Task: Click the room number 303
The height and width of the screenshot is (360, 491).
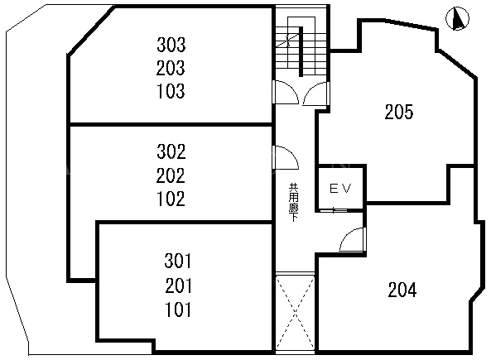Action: point(171,45)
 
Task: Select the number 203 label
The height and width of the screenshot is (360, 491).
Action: point(171,68)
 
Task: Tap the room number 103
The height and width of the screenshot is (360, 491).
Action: point(171,91)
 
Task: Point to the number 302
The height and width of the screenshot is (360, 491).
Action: point(171,151)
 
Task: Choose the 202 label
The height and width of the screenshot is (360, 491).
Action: point(171,175)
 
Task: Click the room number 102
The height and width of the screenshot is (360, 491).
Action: point(171,199)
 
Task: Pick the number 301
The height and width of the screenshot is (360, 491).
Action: point(177,261)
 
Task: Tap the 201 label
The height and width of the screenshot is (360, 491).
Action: point(178,286)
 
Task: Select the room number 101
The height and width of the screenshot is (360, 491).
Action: point(178,310)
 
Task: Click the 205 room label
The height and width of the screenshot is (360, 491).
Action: point(399,112)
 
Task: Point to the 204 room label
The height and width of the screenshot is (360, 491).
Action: point(402,290)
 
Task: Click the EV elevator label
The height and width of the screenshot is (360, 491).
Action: point(340,189)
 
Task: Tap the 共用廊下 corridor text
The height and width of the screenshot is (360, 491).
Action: point(293,203)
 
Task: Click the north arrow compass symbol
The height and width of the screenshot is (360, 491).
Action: point(458,18)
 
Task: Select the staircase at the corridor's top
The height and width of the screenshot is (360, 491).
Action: point(301,47)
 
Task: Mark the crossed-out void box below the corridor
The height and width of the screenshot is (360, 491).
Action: point(295,313)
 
